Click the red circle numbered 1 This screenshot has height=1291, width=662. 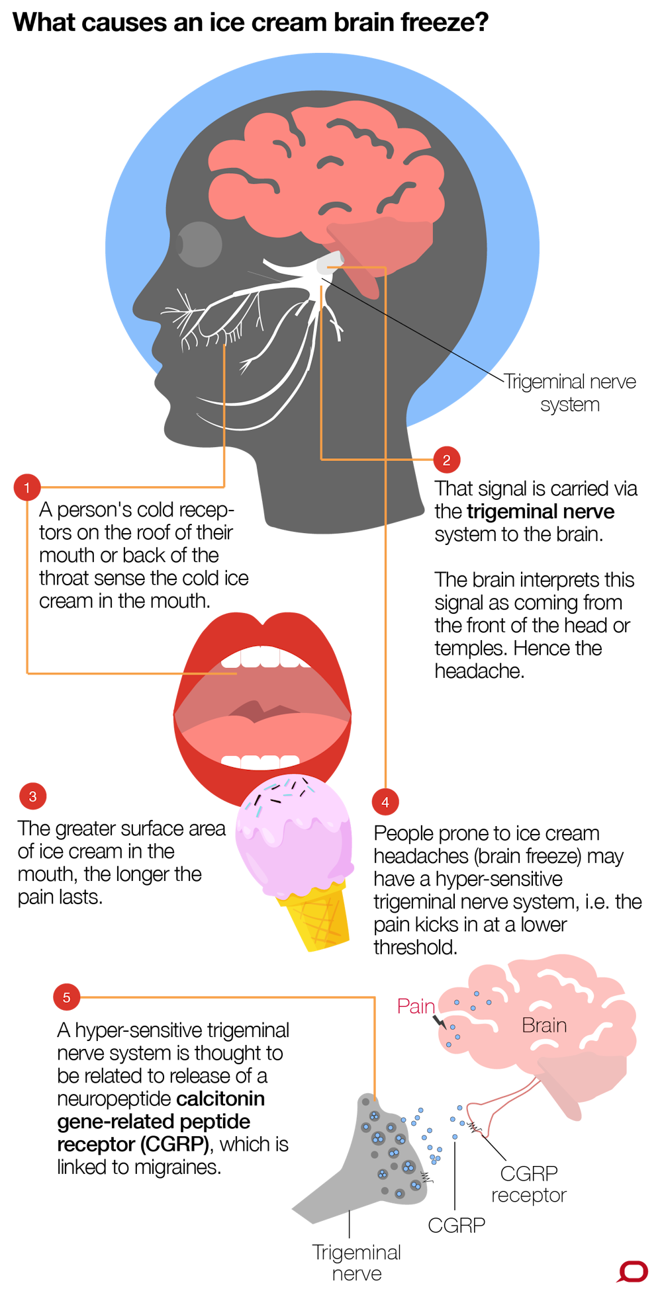27,487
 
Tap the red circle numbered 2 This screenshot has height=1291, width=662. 447,460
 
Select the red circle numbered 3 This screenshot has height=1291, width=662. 33,796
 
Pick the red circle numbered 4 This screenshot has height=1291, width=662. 385,802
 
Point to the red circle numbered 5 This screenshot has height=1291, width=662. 66,997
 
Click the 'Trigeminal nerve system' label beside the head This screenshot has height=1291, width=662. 570,393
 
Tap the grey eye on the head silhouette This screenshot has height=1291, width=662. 199,244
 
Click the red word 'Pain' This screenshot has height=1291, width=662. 416,1006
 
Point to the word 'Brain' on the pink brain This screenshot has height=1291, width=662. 544,1025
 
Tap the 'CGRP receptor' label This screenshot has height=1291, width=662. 529,1184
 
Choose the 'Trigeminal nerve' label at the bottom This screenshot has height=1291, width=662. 357,1263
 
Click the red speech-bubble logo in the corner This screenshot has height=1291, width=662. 633,1272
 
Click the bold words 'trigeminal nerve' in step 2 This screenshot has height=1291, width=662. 540,511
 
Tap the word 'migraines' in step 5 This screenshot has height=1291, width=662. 177,1167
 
